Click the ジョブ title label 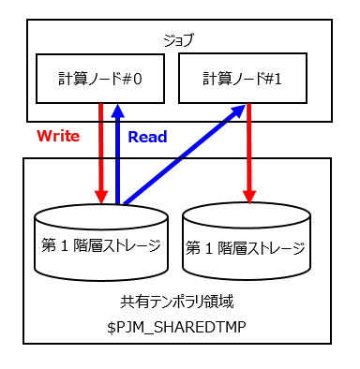click(179, 40)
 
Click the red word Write click(58, 137)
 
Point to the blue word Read click(147, 137)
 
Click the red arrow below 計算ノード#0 click(100, 150)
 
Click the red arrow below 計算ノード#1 click(248, 150)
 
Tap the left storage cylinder click(101, 242)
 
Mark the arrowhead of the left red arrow click(100, 195)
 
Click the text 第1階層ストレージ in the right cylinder click(245, 249)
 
